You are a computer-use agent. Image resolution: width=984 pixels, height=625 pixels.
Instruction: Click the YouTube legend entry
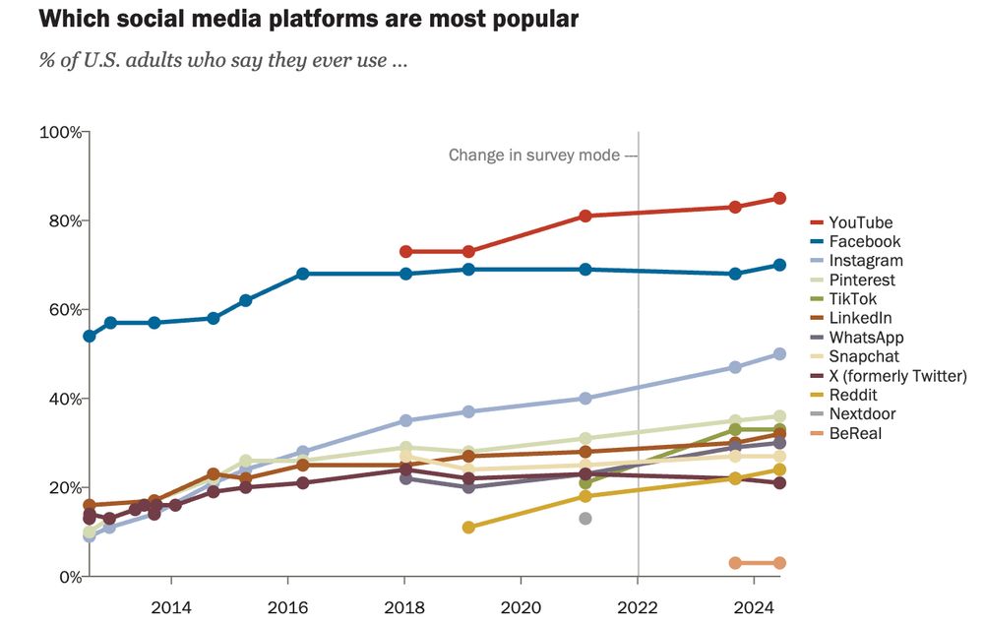point(860,222)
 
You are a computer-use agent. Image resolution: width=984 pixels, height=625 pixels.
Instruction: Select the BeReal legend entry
point(855,433)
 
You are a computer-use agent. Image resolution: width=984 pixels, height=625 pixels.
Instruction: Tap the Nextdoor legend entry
point(862,414)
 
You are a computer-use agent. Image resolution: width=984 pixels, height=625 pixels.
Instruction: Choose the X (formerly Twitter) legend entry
point(897,376)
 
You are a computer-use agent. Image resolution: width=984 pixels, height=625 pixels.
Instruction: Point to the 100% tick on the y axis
point(60,132)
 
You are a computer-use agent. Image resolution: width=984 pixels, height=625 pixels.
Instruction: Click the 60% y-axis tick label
point(64,310)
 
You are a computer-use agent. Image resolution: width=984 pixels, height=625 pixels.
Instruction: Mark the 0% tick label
point(68,577)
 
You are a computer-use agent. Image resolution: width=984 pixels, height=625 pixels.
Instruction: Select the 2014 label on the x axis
point(170,605)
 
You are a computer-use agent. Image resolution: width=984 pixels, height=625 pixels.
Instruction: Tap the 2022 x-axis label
point(638,605)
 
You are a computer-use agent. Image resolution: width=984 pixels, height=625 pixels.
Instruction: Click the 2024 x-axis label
point(754,605)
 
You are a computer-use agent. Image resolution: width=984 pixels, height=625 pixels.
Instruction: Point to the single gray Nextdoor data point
point(584,519)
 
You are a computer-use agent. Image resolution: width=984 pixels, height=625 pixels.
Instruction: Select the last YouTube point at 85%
point(779,198)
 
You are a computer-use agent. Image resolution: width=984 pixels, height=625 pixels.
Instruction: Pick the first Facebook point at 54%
point(90,337)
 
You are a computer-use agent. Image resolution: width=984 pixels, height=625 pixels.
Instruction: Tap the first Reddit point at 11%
point(468,528)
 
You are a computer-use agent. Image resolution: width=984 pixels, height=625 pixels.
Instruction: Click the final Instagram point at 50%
point(779,354)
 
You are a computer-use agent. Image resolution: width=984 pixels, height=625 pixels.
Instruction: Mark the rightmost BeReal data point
point(779,563)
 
